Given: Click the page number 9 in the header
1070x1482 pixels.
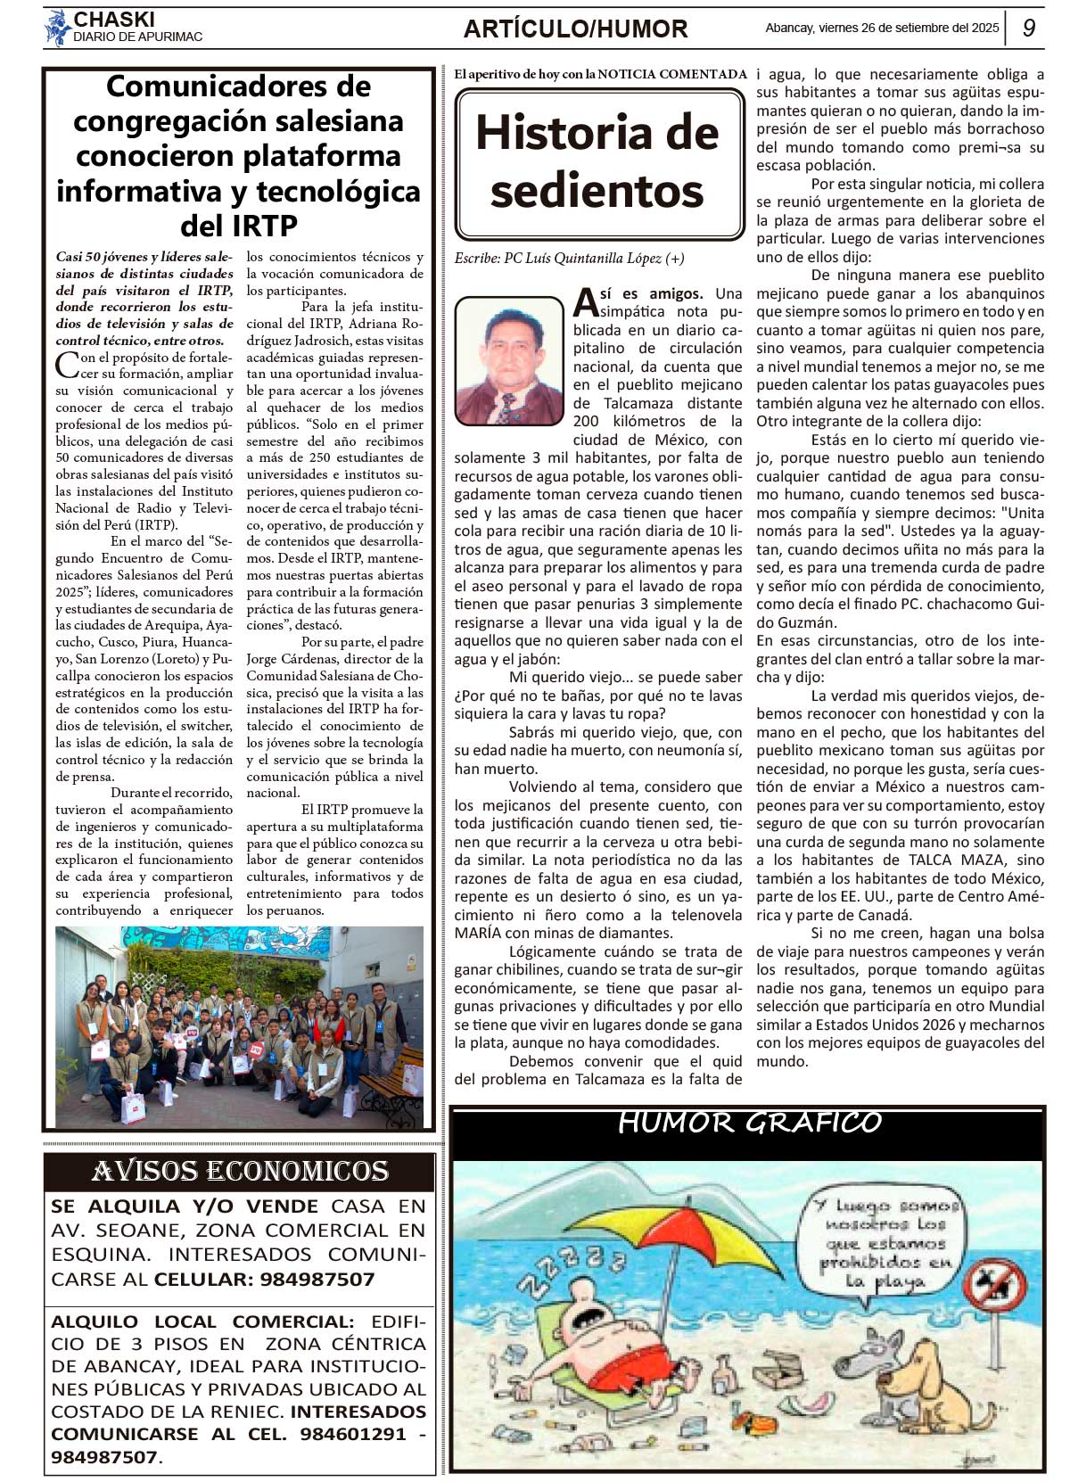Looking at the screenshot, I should (1028, 28).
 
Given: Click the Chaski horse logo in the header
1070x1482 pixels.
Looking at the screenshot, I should (58, 28).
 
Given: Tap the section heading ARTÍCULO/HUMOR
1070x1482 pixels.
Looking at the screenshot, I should (575, 29).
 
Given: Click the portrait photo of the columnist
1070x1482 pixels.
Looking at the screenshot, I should (509, 360).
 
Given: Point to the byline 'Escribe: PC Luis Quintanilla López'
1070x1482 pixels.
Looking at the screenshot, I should (569, 259).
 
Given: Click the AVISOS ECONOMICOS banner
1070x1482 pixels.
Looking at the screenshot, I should (239, 1171).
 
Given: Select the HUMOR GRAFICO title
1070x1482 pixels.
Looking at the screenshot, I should (749, 1123).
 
